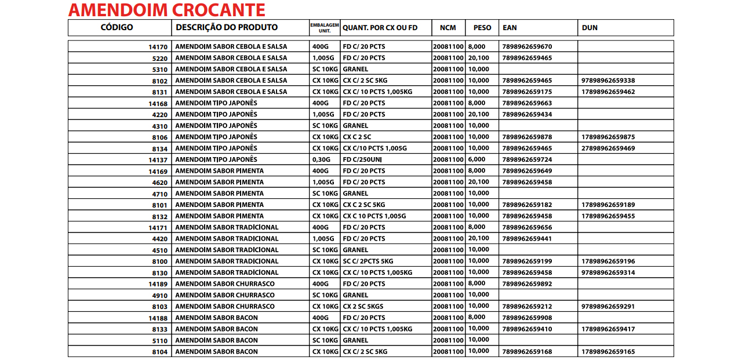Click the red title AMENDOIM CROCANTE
[x=167, y=10]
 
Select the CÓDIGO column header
[x=117, y=27]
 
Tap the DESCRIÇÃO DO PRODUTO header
[x=227, y=27]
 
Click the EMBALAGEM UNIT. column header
[x=325, y=27]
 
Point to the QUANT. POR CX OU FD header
[x=380, y=28]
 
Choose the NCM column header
[x=448, y=28]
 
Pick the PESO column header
[x=482, y=28]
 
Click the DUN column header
[x=590, y=28]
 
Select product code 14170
[x=158, y=47]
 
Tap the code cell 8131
[x=159, y=92]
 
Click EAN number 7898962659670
[x=528, y=47]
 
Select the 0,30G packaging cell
[x=321, y=159]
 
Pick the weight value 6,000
[x=477, y=159]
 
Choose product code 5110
[x=159, y=340]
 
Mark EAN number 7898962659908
[x=528, y=318]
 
